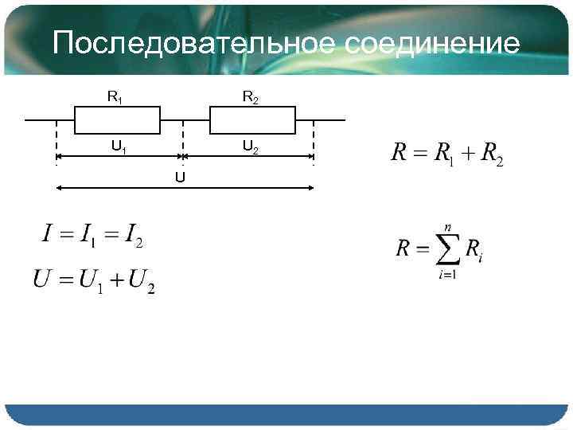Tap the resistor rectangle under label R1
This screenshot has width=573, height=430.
click(117, 121)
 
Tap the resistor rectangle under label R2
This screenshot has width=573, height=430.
click(252, 121)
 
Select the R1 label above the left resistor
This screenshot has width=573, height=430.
click(115, 97)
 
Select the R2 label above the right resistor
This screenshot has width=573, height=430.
click(250, 97)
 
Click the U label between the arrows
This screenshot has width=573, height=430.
click(180, 177)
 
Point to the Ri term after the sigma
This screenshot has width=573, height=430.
click(475, 250)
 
